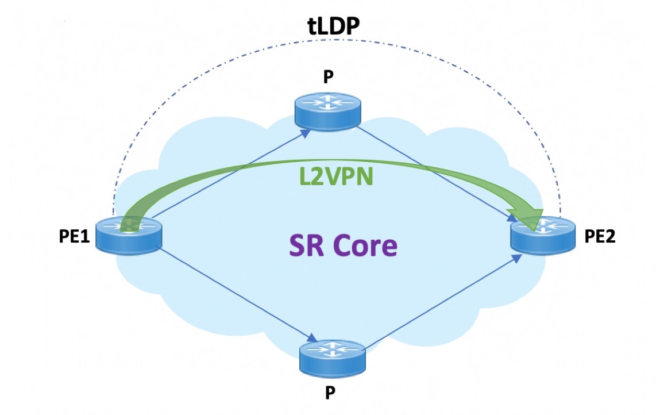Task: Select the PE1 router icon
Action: (129, 236)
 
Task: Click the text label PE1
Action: (75, 237)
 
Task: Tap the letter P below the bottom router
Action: (330, 393)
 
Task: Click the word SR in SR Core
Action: (307, 246)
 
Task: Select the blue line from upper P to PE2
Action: (437, 172)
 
